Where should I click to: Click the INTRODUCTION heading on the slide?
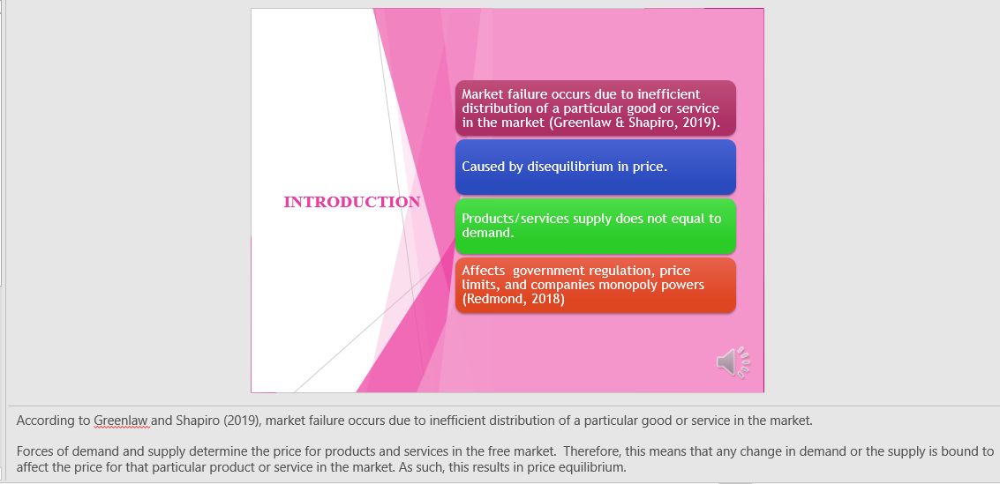351,202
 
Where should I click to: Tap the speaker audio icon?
733,361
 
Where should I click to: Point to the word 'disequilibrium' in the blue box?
569,167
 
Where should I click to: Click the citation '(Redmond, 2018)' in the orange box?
513,299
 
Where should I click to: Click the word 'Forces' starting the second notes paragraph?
36,451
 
